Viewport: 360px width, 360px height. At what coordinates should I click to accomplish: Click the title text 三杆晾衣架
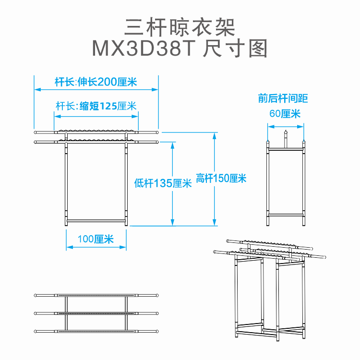pos(180,28)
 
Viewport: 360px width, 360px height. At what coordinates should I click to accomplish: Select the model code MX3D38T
pos(142,48)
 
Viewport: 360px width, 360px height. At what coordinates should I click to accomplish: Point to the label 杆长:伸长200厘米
pos(96,82)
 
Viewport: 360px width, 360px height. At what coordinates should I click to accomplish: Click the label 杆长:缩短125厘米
pos(96,106)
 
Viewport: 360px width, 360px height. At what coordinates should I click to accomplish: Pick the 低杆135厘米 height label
pos(163,183)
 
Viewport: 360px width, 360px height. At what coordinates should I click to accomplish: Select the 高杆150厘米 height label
pos(221,179)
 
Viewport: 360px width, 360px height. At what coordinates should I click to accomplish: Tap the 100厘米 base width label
pos(96,239)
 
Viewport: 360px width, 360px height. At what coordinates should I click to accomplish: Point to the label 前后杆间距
pos(283,99)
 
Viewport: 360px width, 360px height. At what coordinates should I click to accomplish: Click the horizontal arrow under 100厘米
pos(96,247)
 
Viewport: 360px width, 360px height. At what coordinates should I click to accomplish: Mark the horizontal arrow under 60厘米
pos(286,127)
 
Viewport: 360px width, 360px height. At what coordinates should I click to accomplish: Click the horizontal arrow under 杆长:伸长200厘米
pos(96,89)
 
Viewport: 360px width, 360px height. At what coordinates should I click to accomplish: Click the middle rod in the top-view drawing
pos(96,313)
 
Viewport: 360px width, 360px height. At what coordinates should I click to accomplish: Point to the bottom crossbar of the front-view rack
pos(96,220)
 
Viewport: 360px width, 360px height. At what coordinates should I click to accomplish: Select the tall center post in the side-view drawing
pos(286,139)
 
